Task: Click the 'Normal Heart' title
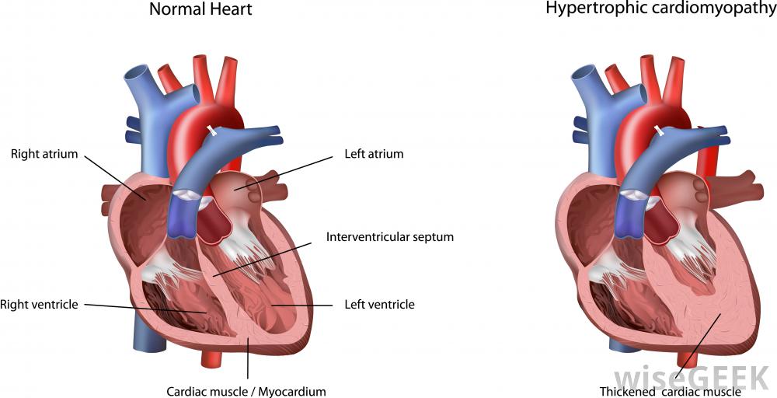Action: click(x=200, y=9)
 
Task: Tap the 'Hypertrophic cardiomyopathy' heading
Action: click(x=661, y=9)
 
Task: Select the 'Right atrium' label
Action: click(x=44, y=154)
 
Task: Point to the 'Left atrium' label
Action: click(x=375, y=154)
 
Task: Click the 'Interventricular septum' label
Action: click(x=390, y=237)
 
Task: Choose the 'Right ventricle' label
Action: click(x=39, y=304)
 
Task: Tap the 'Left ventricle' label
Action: click(x=380, y=304)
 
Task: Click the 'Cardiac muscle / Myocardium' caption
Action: click(x=246, y=392)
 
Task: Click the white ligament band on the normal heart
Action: click(x=213, y=131)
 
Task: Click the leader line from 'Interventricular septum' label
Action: click(x=262, y=258)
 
